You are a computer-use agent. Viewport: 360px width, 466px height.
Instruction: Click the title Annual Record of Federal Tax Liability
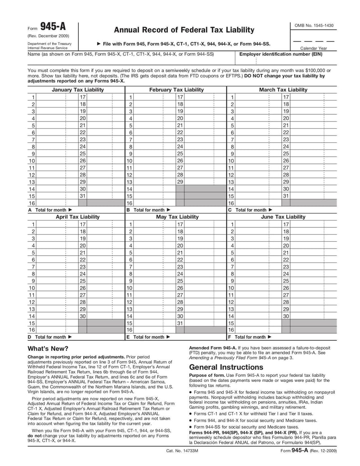pos(184,30)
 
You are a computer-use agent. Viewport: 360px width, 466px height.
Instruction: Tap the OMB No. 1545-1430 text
pos(314,26)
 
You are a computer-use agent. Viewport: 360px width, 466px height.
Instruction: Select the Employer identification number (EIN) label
pos(281,54)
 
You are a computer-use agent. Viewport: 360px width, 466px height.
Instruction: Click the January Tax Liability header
pos(78,90)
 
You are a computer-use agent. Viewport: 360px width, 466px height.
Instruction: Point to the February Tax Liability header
pos(176,90)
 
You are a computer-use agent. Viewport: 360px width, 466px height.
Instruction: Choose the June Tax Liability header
pos(283,217)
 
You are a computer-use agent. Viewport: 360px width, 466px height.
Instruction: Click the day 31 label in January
pos(83,196)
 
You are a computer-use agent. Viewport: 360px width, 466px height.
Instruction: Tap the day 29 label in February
pos(180,181)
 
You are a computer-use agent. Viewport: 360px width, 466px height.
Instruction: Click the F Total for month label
pos(250,337)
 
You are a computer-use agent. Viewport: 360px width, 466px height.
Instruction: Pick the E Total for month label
pos(148,337)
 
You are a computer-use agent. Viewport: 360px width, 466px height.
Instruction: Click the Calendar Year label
pos(314,48)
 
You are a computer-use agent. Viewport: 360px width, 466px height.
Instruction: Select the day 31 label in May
pos(180,323)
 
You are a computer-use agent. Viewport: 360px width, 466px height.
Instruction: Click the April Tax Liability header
pos(77,217)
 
